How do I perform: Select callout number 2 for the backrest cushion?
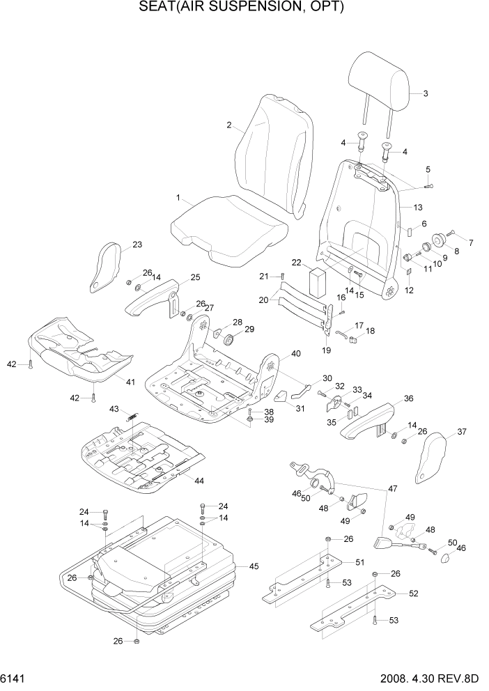[x=228, y=125]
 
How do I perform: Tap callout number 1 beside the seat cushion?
[x=178, y=198]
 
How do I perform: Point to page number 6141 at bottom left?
[x=15, y=678]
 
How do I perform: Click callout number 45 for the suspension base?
[x=254, y=566]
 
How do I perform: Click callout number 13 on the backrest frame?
[x=418, y=208]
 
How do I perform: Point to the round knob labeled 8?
[x=440, y=240]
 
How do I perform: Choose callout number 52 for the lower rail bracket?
[x=413, y=593]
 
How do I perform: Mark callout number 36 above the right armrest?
[x=408, y=398]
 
